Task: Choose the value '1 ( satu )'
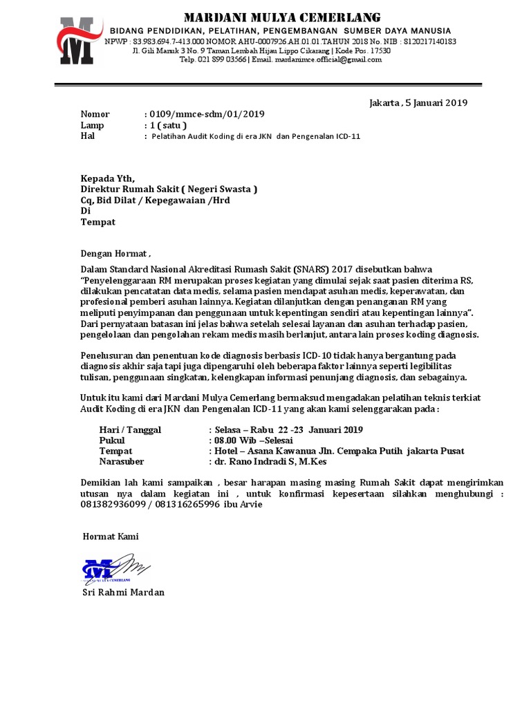coord(165,125)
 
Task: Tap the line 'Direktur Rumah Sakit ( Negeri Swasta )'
coord(169,189)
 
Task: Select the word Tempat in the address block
coord(98,222)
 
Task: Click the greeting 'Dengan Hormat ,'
coord(115,253)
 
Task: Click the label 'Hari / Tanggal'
coord(130,429)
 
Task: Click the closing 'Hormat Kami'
coord(111,536)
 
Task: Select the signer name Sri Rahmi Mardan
coord(124,593)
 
